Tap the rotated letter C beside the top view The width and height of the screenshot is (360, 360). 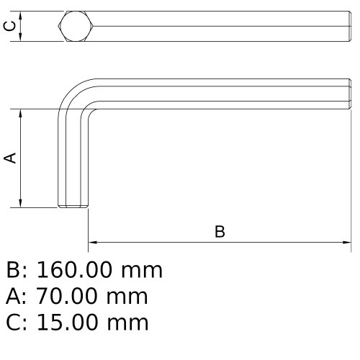pos(9,27)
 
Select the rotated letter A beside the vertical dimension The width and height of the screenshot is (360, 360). pos(10,158)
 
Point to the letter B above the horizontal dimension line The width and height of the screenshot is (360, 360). pos(220,232)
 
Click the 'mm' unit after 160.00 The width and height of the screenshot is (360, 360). pos(142,271)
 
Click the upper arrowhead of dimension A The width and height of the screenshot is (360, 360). pos(22,113)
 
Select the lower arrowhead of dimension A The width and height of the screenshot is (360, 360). pos(22,204)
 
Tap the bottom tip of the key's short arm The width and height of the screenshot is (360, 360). pos(73,207)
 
